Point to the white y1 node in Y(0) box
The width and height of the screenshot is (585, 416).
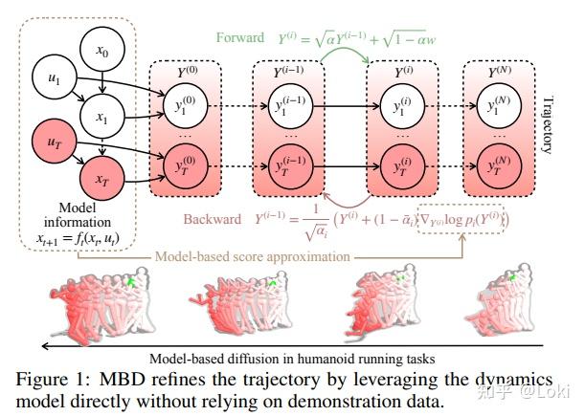click(x=183, y=106)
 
